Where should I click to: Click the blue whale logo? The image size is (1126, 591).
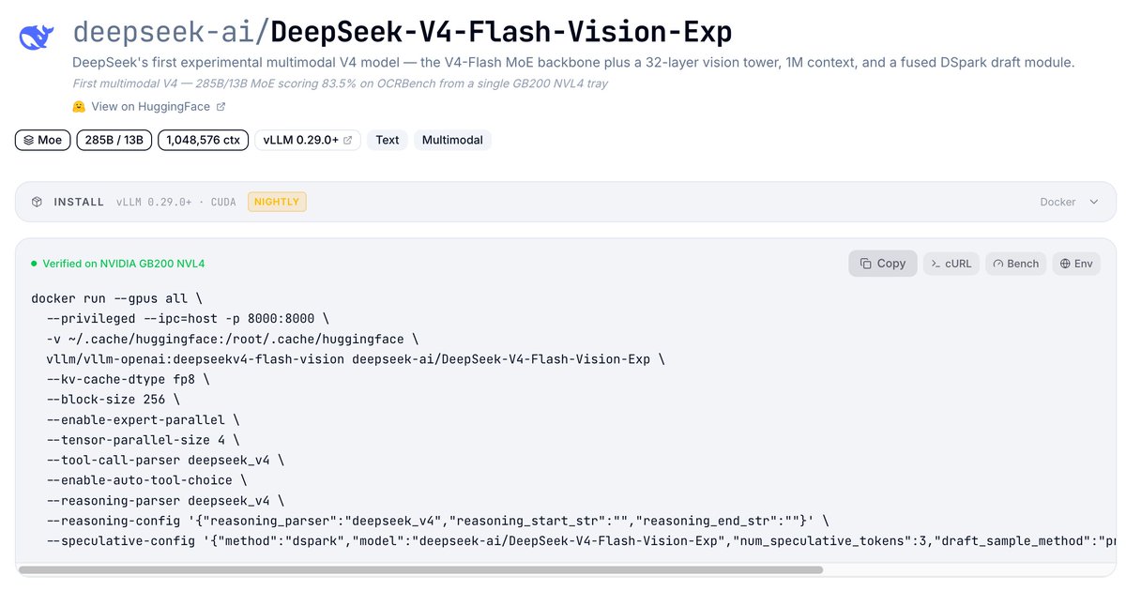pyautogui.click(x=37, y=37)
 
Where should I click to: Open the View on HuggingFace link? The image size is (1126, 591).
pyautogui.click(x=149, y=107)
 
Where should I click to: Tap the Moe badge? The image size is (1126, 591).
pyautogui.click(x=43, y=140)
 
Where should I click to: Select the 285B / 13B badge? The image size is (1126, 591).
pyautogui.click(x=114, y=140)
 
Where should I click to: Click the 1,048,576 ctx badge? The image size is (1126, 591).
pyautogui.click(x=203, y=140)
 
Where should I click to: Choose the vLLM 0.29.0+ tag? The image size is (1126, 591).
pyautogui.click(x=308, y=140)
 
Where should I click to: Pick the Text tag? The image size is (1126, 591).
pyautogui.click(x=387, y=140)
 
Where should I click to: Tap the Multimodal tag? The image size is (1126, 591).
pyautogui.click(x=452, y=140)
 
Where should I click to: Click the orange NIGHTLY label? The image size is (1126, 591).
pyautogui.click(x=277, y=202)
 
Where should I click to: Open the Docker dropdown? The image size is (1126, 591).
pyautogui.click(x=1069, y=202)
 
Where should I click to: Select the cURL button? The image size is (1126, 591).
pyautogui.click(x=951, y=264)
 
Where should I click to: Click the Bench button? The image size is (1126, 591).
pyautogui.click(x=1016, y=264)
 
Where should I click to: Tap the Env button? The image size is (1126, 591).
pyautogui.click(x=1076, y=264)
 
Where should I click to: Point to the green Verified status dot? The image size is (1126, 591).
pyautogui.click(x=34, y=264)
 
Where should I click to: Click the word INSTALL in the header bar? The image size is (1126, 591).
pyautogui.click(x=79, y=202)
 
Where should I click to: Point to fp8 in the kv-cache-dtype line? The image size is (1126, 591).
pyautogui.click(x=184, y=379)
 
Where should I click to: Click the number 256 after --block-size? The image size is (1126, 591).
pyautogui.click(x=154, y=399)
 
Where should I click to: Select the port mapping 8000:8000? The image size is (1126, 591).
pyautogui.click(x=281, y=319)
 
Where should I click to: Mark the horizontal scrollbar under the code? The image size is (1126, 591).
pyautogui.click(x=420, y=570)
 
